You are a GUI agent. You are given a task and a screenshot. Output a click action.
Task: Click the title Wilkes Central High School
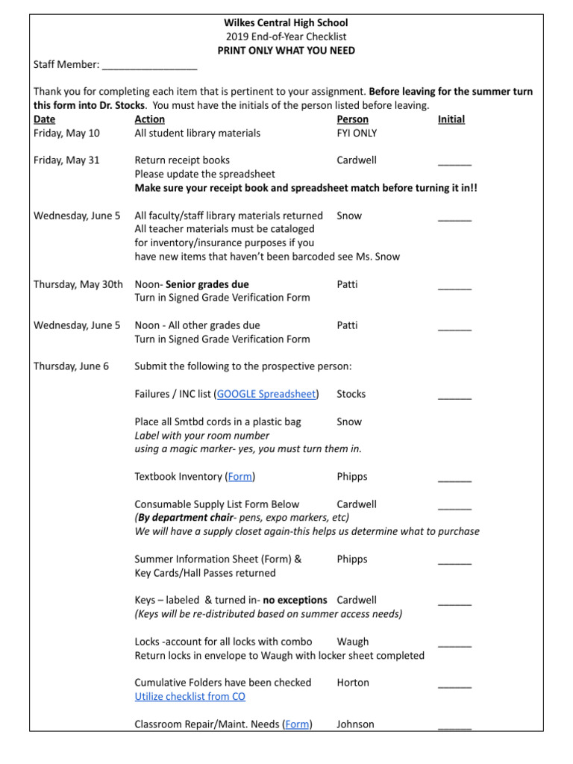[x=286, y=23]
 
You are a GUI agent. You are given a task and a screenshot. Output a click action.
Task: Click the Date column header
[x=44, y=119]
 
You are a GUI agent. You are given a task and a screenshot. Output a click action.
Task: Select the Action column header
[x=149, y=119]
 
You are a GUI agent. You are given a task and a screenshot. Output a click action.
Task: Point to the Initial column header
[x=451, y=119]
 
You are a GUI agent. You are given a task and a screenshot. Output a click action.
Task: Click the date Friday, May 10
[x=66, y=134]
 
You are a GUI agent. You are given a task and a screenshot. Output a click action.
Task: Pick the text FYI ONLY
[x=357, y=134]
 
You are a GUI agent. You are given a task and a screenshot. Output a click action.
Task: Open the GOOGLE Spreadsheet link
[x=266, y=394]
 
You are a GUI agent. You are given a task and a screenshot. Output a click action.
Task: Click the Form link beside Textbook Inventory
[x=239, y=477]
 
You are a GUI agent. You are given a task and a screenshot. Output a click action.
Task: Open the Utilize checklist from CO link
[x=190, y=697]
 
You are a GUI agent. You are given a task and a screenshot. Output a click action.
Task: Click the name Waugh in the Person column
[x=352, y=642]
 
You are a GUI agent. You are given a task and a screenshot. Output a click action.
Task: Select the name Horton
[x=353, y=683]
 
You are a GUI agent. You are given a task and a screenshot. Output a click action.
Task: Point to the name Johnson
[x=355, y=724]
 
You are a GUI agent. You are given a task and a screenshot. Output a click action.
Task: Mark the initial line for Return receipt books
[x=454, y=163]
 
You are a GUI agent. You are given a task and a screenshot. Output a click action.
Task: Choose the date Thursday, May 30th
[x=78, y=284]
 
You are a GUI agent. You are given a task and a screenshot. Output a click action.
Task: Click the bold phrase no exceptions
[x=295, y=601]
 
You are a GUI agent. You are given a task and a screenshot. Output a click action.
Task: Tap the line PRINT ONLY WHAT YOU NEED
[x=286, y=51]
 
